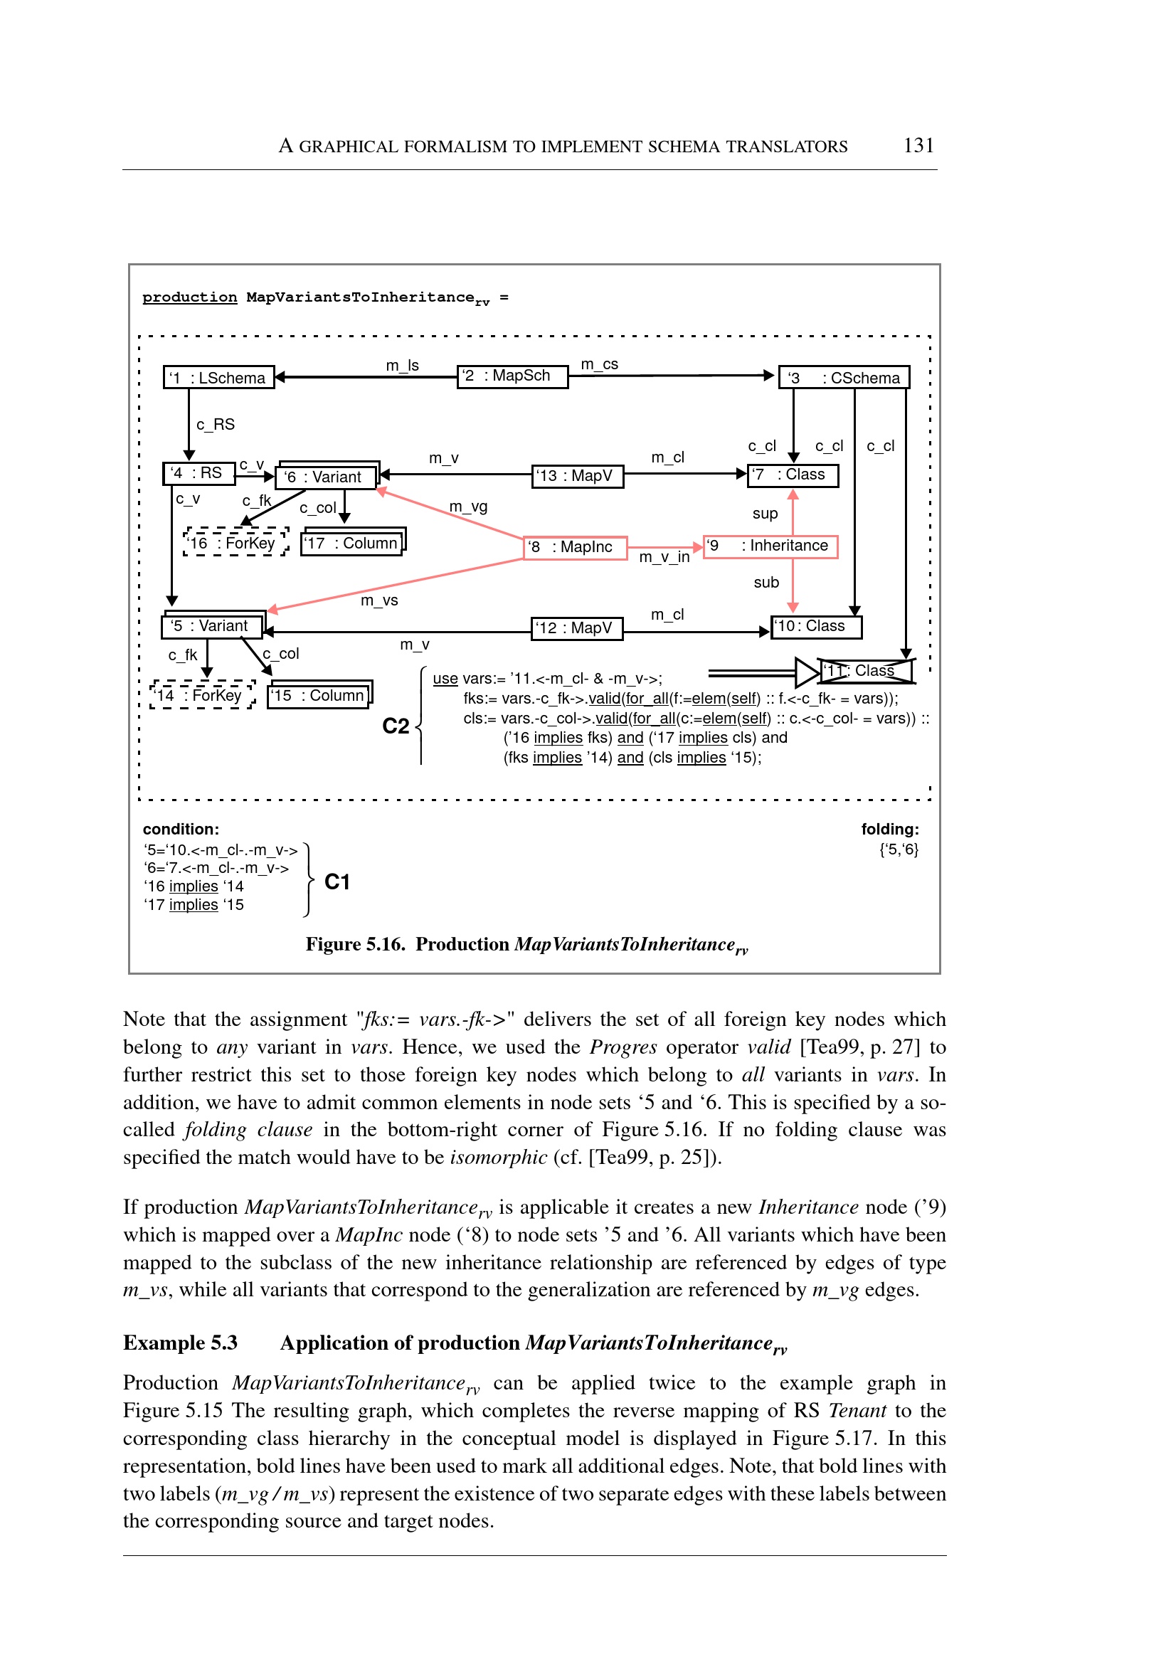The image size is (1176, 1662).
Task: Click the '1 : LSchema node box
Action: coord(218,377)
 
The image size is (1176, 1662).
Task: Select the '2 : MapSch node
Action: coord(512,376)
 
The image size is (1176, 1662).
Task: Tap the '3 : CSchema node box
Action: coord(844,377)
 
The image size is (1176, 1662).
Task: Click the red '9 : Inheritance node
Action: coord(770,546)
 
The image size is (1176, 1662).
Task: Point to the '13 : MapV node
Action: coord(577,476)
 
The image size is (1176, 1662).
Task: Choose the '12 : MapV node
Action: coord(577,628)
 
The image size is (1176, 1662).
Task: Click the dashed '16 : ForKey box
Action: coord(235,542)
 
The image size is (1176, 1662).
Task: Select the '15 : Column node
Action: coord(319,695)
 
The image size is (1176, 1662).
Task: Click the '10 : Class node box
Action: coord(816,626)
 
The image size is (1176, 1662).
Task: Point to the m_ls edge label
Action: coord(403,366)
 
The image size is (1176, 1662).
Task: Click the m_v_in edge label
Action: coord(664,557)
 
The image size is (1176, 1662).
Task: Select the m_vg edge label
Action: coord(468,506)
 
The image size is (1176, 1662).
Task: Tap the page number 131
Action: coord(918,146)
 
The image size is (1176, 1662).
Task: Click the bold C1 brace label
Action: coord(337,882)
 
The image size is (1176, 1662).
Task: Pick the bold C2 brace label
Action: coord(396,726)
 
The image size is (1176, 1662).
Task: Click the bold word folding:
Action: coord(889,829)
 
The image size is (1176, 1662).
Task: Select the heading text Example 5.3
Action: coord(180,1343)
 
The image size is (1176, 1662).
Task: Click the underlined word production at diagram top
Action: coord(190,297)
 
